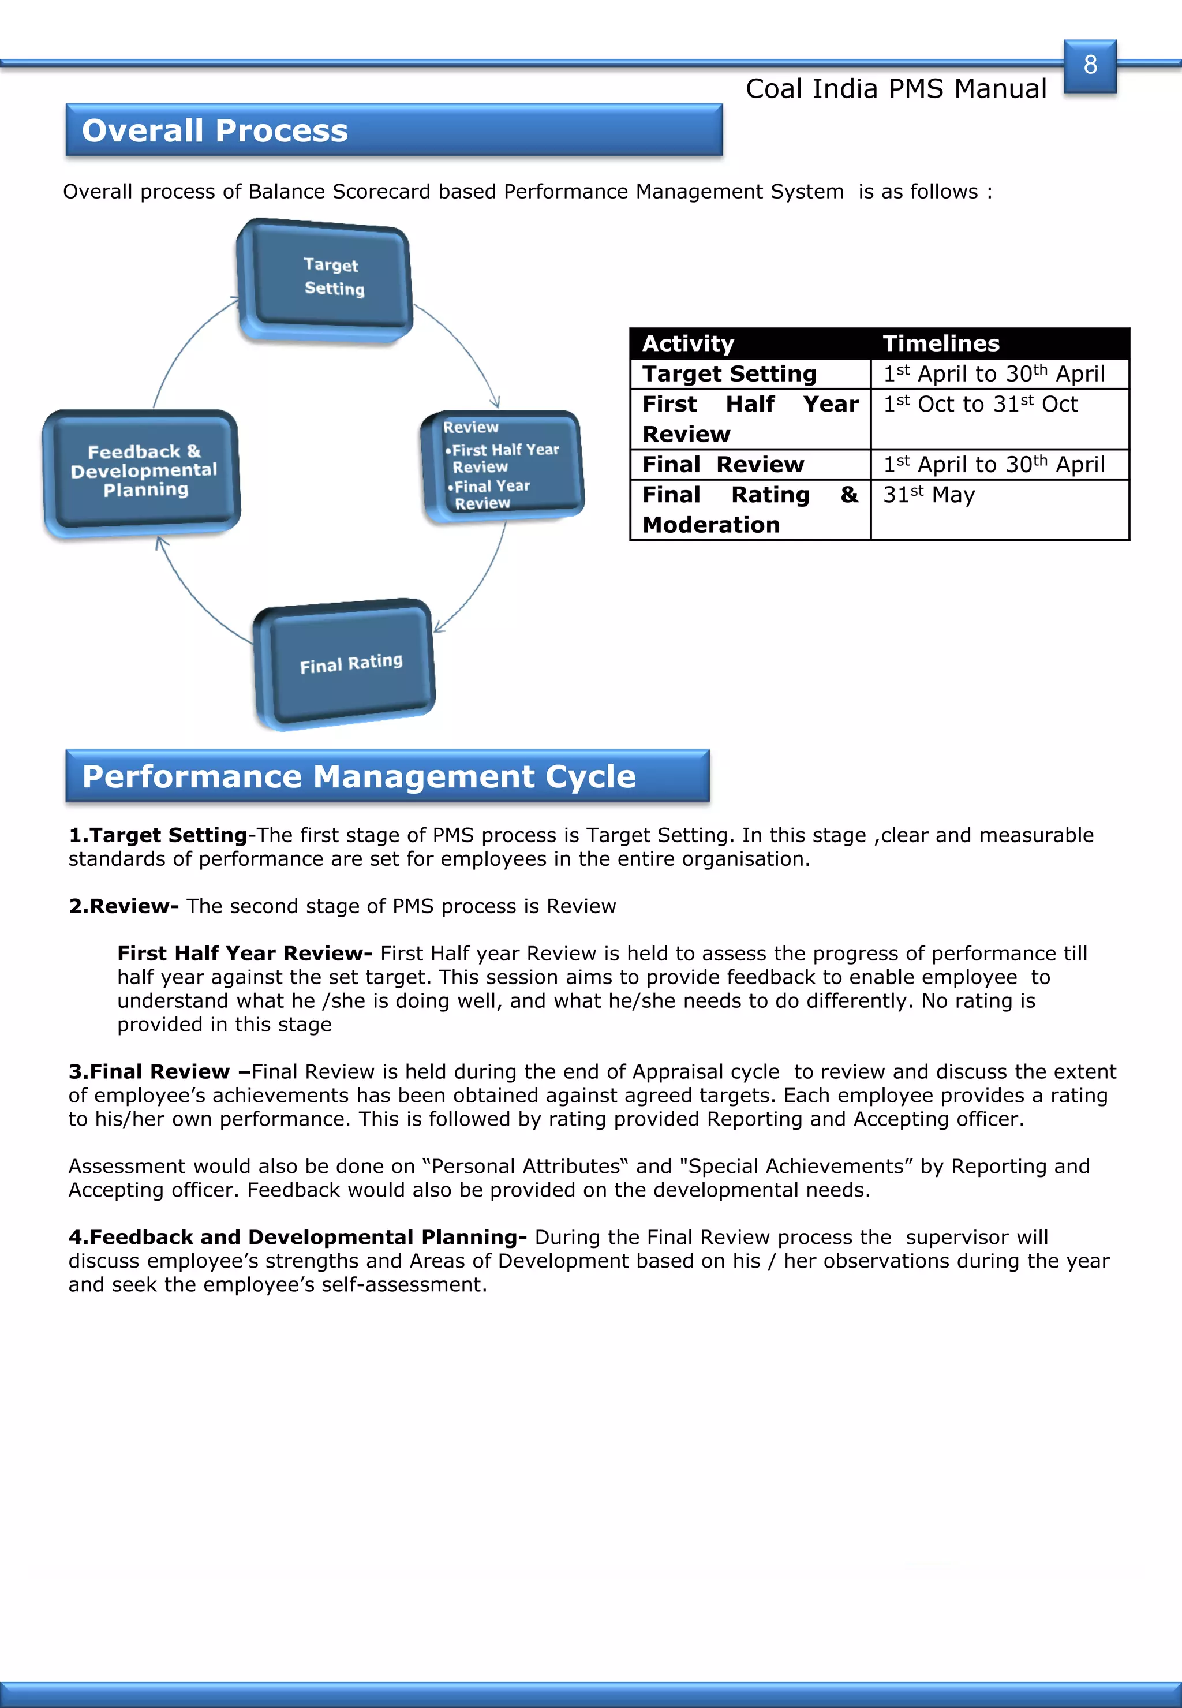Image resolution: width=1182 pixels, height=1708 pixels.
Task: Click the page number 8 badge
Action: [1090, 66]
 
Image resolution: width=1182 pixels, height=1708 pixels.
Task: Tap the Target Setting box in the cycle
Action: [327, 280]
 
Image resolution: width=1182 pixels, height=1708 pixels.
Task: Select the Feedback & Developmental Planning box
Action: [142, 472]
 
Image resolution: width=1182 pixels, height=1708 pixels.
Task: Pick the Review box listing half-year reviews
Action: [502, 466]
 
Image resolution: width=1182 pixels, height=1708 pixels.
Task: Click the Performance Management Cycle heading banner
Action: [387, 776]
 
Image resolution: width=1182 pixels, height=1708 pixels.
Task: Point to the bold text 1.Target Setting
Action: [158, 835]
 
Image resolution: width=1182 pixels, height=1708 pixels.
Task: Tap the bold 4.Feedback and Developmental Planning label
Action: [298, 1237]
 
